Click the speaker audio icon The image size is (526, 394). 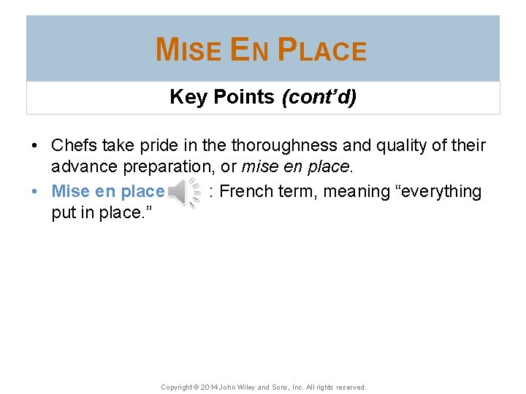coord(185,192)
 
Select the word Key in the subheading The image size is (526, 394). coord(188,97)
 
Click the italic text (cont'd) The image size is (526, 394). coord(319,97)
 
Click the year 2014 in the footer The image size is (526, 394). coord(208,387)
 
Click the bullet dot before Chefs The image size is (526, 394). coord(35,146)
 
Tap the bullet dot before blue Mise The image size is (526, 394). coord(35,193)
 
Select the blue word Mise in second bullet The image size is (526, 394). coord(71,192)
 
